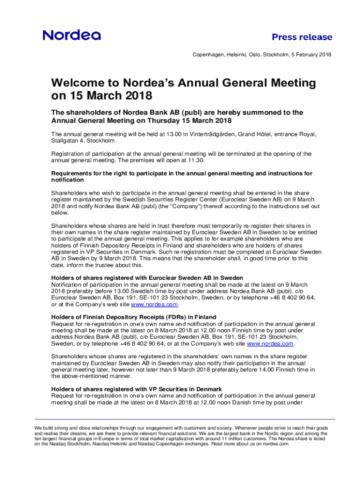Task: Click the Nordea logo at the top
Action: coord(72,35)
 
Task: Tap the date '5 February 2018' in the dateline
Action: coord(310,55)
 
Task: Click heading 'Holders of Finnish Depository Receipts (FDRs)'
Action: coord(134,317)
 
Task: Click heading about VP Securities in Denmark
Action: coord(136,389)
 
